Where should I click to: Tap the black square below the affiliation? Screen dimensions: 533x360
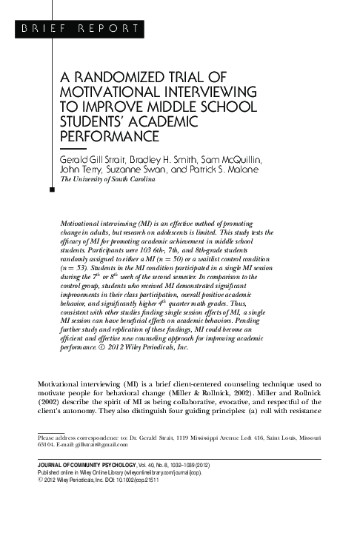51,190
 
